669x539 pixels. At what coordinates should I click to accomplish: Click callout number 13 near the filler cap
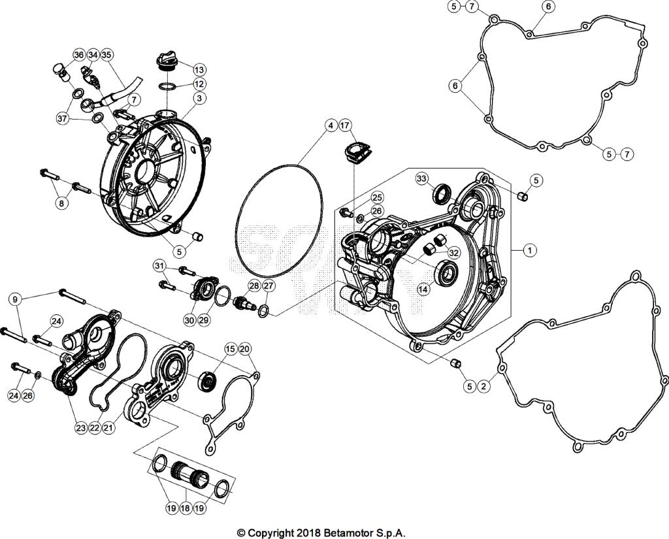coord(199,69)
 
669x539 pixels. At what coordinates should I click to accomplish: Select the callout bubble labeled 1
coord(530,250)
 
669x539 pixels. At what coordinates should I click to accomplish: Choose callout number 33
coord(421,179)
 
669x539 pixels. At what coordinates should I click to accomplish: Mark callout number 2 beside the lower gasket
coord(484,387)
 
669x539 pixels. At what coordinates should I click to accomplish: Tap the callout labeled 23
coord(80,429)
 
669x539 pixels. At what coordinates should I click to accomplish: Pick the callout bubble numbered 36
coord(78,55)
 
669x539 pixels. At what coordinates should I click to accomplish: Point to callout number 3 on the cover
coord(199,98)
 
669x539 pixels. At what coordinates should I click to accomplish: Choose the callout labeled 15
coord(229,350)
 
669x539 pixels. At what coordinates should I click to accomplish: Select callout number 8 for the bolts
coord(61,204)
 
